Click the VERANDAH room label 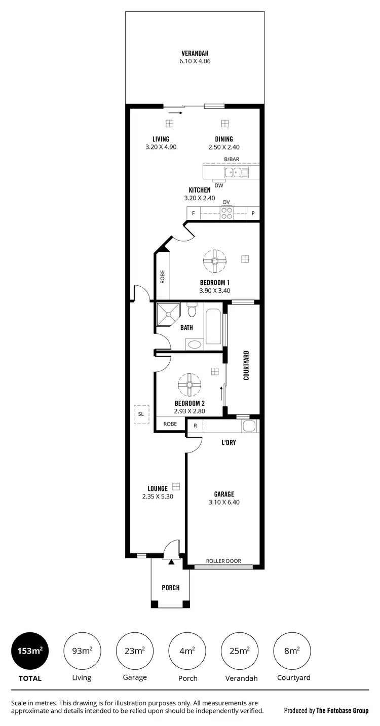pyautogui.click(x=195, y=53)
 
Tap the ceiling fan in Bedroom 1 pyautogui.click(x=214, y=261)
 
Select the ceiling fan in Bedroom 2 pyautogui.click(x=189, y=385)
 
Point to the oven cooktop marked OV pyautogui.click(x=226, y=213)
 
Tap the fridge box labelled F pyautogui.click(x=193, y=213)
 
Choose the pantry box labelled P pyautogui.click(x=253, y=213)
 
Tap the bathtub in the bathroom pyautogui.click(x=213, y=326)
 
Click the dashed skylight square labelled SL pyautogui.click(x=141, y=414)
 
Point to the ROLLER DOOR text pyautogui.click(x=223, y=561)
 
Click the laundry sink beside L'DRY pyautogui.click(x=249, y=426)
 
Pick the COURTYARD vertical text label pyautogui.click(x=246, y=365)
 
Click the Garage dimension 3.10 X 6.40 pyautogui.click(x=224, y=502)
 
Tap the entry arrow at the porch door pyautogui.click(x=171, y=561)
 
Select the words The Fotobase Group pyautogui.click(x=343, y=710)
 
